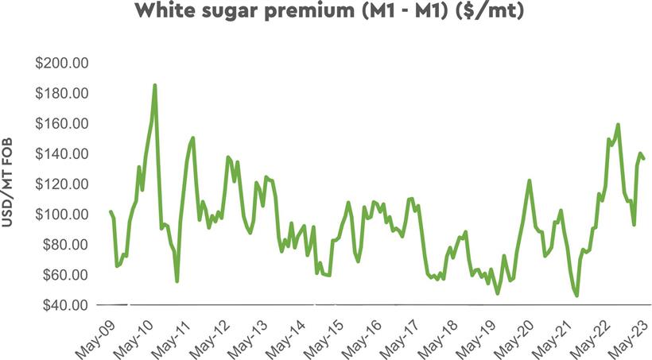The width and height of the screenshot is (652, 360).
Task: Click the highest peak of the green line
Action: coord(155,85)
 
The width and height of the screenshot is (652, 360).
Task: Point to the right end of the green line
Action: coord(644,159)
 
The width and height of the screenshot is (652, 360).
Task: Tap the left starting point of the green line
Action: coord(111,211)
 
